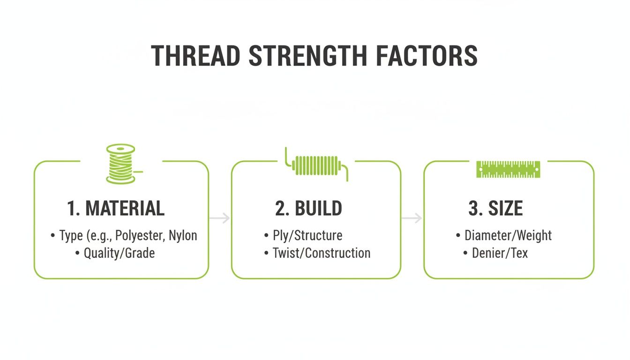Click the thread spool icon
tap(121, 164)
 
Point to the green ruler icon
tap(508, 169)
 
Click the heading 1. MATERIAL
tap(116, 209)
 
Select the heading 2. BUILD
tap(308, 209)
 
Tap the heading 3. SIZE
tap(495, 209)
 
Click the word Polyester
tap(140, 235)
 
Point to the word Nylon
tap(184, 235)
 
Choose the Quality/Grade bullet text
tap(119, 254)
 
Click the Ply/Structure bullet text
tap(307, 235)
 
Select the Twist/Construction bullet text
tap(322, 253)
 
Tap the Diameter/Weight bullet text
tap(508, 235)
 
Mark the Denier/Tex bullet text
tap(500, 253)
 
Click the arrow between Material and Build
tap(220, 218)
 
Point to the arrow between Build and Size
tap(412, 218)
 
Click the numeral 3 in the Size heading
tap(472, 209)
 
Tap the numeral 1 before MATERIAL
tap(71, 209)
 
